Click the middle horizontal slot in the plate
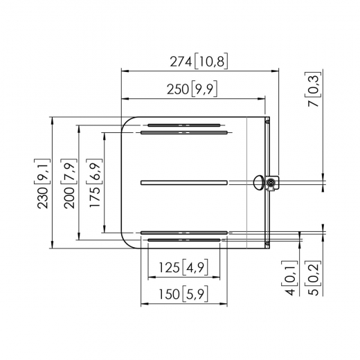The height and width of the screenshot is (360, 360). pyautogui.click(x=183, y=183)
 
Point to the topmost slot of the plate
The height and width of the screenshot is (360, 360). pyautogui.click(x=183, y=125)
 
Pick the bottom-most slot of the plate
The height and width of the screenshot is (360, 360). pyautogui.click(x=183, y=240)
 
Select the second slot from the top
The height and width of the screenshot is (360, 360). pyautogui.click(x=183, y=132)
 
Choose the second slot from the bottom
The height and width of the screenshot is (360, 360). pyautogui.click(x=183, y=233)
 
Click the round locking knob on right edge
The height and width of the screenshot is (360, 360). pyautogui.click(x=271, y=183)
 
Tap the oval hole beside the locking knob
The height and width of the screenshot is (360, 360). pyautogui.click(x=259, y=183)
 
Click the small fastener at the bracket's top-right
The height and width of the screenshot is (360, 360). pyautogui.click(x=267, y=121)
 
